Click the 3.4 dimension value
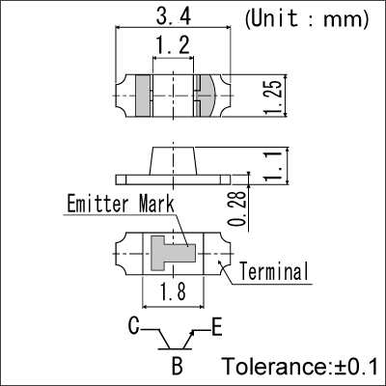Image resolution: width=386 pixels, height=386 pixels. (x=174, y=16)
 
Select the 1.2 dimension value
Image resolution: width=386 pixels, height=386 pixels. (x=173, y=44)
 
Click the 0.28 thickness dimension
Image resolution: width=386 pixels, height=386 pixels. (x=237, y=208)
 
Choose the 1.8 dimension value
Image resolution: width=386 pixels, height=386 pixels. (x=173, y=292)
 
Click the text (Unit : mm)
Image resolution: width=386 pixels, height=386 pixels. (x=307, y=19)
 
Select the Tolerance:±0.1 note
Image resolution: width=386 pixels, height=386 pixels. (x=300, y=366)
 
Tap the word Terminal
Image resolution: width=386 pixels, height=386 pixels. (x=274, y=271)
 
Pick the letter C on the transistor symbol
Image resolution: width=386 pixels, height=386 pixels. (x=134, y=326)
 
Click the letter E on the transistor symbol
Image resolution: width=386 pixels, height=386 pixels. (x=217, y=327)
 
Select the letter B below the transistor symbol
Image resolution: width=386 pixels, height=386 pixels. (x=178, y=366)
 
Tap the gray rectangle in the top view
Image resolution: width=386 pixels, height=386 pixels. (x=143, y=96)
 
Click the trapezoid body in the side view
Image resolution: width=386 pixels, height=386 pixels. (x=173, y=161)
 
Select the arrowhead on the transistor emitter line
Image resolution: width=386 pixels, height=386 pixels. (x=192, y=334)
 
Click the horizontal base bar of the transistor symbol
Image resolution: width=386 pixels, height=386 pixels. (x=175, y=349)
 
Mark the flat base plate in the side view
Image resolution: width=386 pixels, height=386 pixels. (x=173, y=179)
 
